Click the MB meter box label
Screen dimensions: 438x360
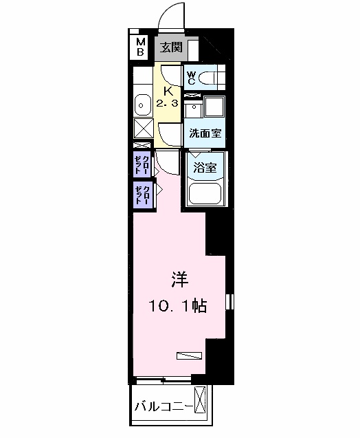(140, 46)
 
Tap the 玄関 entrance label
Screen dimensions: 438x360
(171, 47)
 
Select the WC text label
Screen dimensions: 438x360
(192, 77)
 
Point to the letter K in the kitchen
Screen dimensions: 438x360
(168, 90)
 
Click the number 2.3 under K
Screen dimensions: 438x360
(168, 104)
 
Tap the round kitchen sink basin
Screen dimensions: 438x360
(142, 105)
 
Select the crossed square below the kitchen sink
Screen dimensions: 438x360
(143, 129)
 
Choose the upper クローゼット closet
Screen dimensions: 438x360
(142, 165)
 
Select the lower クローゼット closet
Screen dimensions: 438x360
(142, 195)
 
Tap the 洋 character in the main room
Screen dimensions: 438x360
(179, 280)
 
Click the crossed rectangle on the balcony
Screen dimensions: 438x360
(201, 401)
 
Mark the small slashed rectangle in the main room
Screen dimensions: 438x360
(189, 355)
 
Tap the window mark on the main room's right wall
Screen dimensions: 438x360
(231, 303)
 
